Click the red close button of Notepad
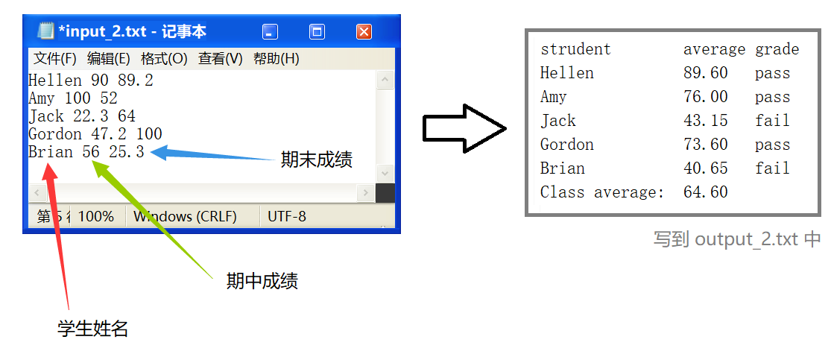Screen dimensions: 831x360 tap(364, 32)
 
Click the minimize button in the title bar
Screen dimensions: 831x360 tap(270, 32)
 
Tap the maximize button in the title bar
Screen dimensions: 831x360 tap(317, 32)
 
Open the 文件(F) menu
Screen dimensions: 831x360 tap(55, 59)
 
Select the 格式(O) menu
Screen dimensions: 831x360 tap(164, 59)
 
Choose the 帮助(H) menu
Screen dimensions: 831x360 tap(276, 59)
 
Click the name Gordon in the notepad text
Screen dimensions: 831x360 tap(55, 134)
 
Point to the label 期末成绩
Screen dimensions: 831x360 tap(316, 160)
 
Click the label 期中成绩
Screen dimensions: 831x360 tap(262, 281)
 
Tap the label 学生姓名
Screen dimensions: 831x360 tap(93, 329)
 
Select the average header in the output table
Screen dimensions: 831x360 tap(714, 49)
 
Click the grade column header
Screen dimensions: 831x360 tap(777, 49)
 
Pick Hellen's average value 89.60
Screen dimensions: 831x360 tap(705, 73)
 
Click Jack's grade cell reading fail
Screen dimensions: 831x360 tap(772, 121)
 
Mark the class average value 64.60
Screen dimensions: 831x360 tap(705, 192)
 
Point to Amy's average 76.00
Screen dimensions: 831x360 tap(705, 97)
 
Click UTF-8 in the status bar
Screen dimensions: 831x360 tap(287, 217)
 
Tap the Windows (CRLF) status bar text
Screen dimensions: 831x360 tap(185, 217)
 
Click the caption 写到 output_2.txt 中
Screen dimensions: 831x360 tap(737, 239)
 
